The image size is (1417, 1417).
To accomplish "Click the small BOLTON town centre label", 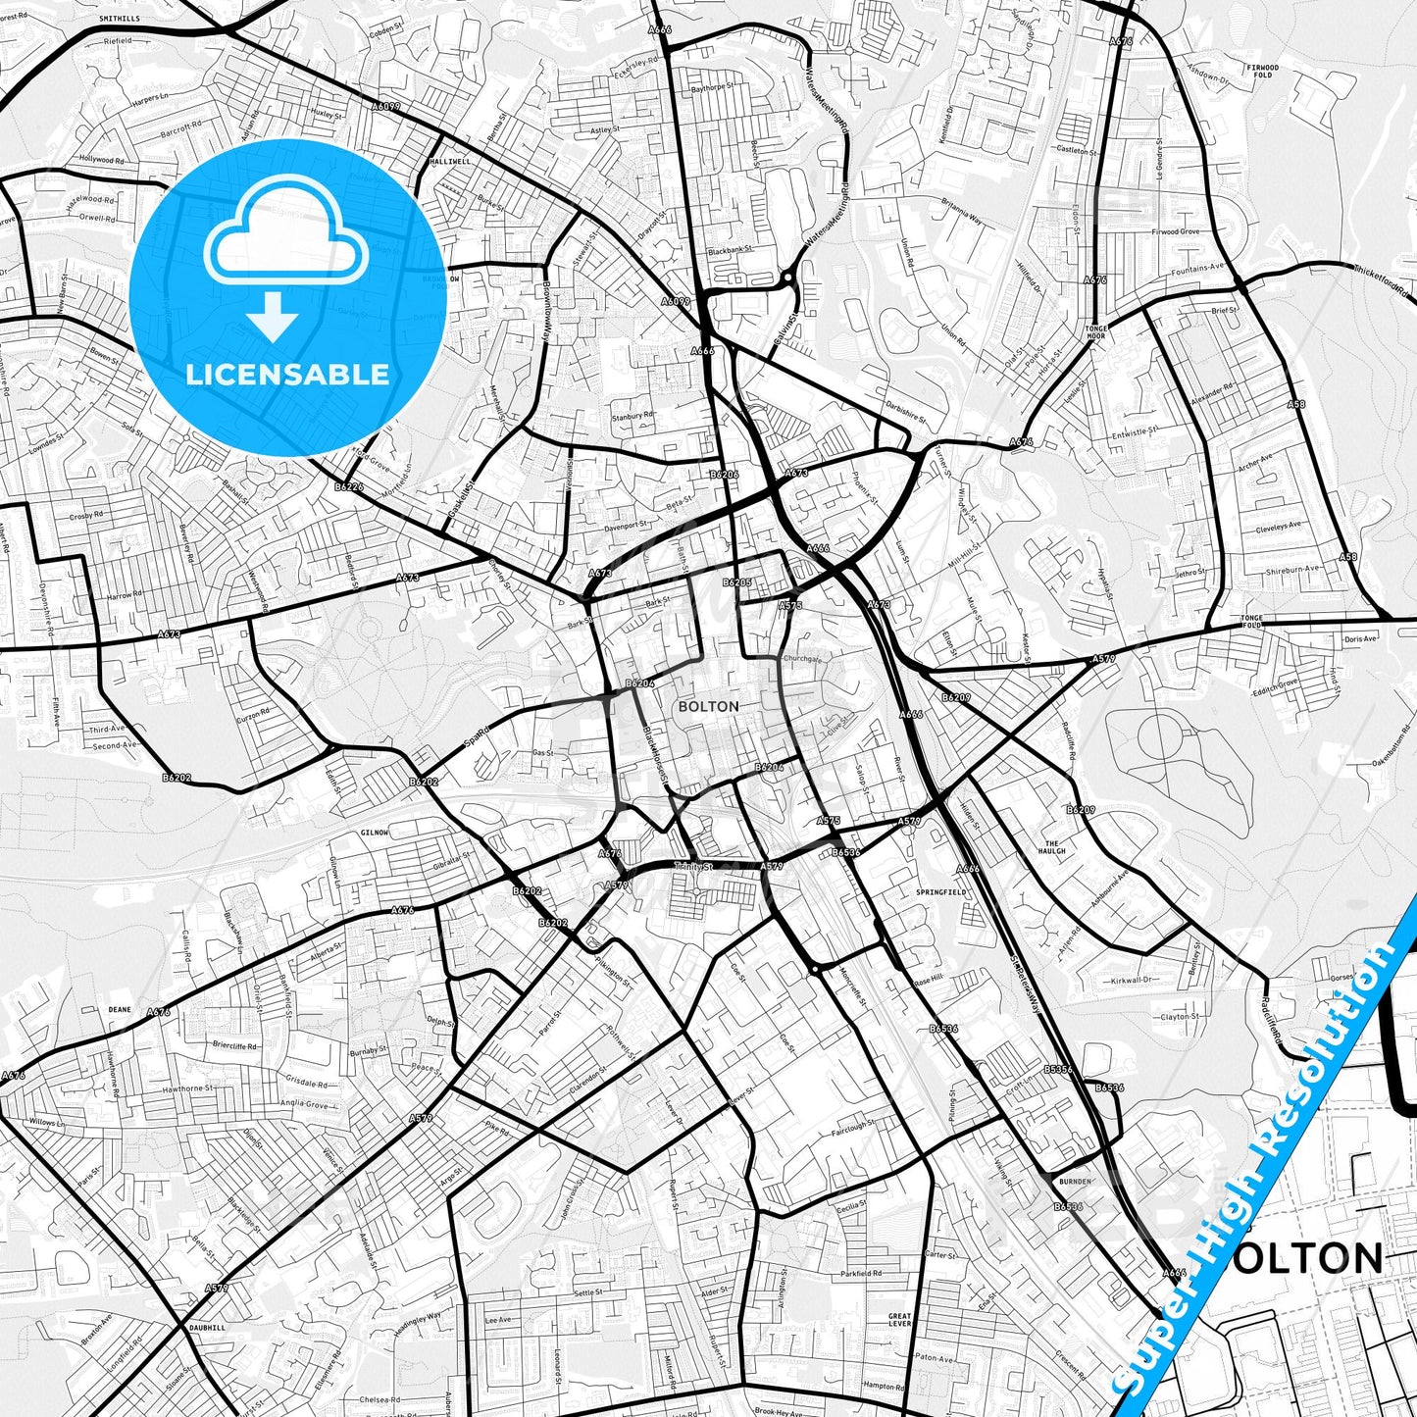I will pos(708,706).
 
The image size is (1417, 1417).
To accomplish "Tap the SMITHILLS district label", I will pos(119,19).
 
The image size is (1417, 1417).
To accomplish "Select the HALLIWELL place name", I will pos(450,160).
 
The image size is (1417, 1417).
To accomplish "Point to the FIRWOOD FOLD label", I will pos(1262,71).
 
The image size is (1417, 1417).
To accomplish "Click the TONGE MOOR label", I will pos(1095,332).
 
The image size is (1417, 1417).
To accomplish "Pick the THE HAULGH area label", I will pos(1052,847).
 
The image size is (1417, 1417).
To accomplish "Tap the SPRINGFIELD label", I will pos(941,892).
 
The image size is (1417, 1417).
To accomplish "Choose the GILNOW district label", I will pos(376,833).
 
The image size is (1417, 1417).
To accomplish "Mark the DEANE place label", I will pos(120,1008).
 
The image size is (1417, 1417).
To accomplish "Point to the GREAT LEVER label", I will pos(899,1320).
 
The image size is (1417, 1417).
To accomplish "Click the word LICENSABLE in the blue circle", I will pos(287,375).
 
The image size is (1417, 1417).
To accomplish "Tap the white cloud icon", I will pos(285,241).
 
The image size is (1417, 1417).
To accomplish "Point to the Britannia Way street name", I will pos(961,216).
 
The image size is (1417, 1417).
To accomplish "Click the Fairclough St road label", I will pos(853,1128).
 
